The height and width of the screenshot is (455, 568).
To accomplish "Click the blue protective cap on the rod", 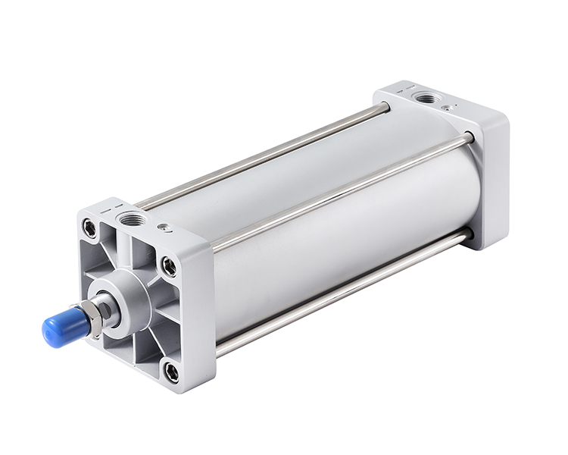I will coord(59,325).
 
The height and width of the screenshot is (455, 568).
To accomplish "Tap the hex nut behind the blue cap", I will coord(92,317).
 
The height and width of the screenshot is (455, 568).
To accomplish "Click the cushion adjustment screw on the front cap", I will coord(162,227).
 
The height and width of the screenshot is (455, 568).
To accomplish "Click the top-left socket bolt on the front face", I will coord(91,227).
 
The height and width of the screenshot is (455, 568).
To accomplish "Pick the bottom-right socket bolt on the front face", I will coord(172,372).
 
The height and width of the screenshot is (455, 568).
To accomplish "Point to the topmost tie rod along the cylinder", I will coord(265,155).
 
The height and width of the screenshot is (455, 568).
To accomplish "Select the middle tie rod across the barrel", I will coord(341,190).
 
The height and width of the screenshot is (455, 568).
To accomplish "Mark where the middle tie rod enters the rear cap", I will coord(468,139).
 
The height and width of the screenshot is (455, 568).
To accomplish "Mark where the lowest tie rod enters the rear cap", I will coord(467,236).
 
